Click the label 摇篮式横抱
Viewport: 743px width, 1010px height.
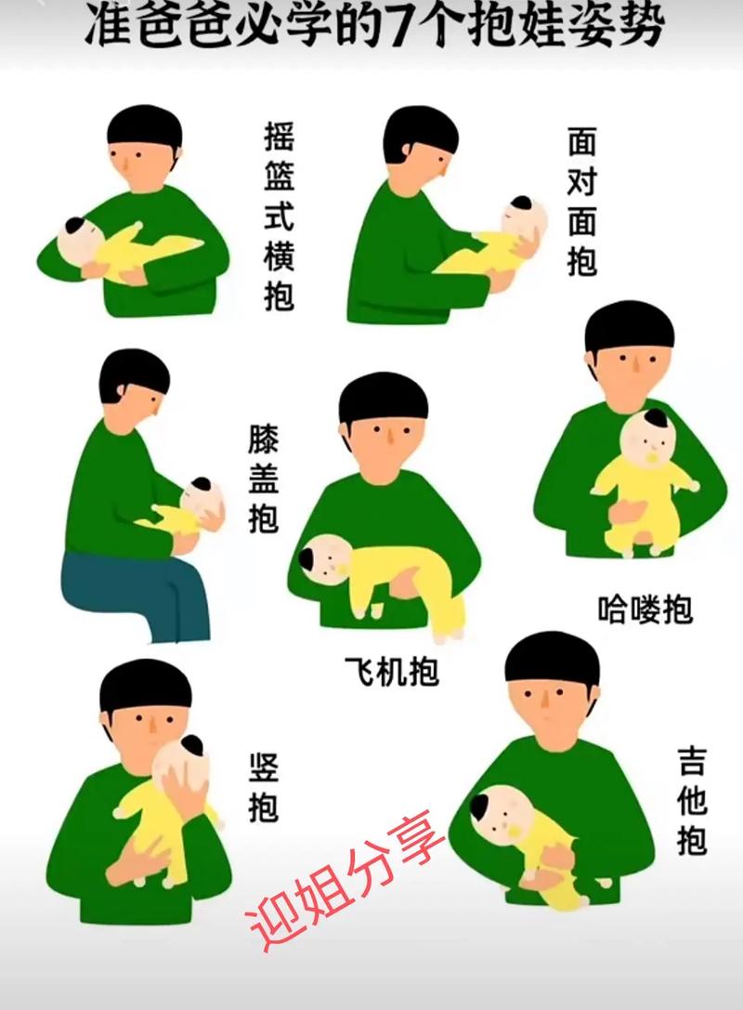coord(279,219)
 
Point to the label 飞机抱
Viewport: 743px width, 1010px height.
coord(391,670)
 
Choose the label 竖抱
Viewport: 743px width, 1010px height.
coord(263,788)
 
